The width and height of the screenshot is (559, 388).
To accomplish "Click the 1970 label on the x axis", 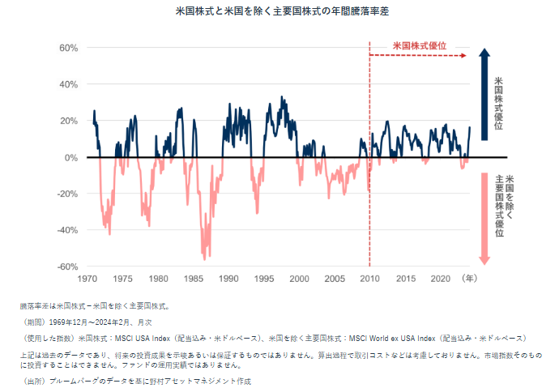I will pos(88,279).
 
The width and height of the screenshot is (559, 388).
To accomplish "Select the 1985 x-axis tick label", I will pos(194,279).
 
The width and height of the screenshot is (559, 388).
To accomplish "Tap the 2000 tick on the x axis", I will pos(300,279).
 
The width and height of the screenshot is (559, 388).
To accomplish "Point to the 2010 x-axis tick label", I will pos(370,279).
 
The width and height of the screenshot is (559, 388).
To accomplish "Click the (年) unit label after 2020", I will pos(468,279).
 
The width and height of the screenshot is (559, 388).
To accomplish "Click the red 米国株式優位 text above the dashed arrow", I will pos(419,46).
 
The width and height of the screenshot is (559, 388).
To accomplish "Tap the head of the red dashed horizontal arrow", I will pos(463,56).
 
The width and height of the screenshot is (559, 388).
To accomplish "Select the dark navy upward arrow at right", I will pos(484,93).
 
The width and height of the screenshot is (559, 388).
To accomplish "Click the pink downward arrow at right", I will pos(484,219).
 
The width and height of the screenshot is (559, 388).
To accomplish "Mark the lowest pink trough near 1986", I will pos(205,258).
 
